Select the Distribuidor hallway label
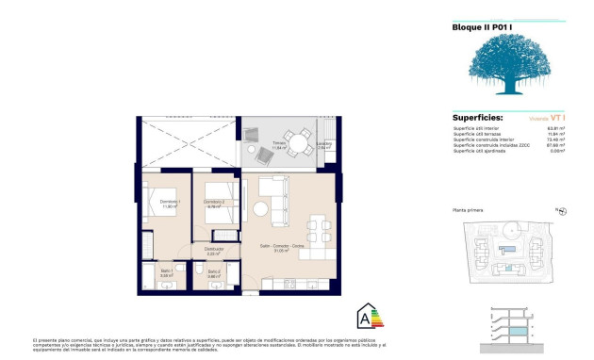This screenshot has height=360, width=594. pos(213,250)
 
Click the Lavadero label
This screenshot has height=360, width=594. pos(323,145)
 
